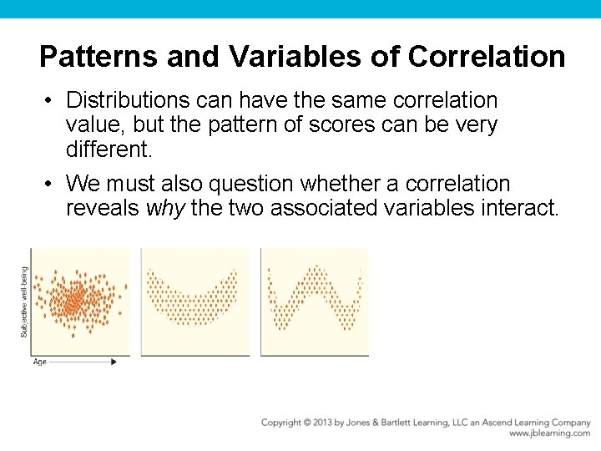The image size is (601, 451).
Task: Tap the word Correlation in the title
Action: pos(487,58)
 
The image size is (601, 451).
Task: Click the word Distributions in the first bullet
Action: pos(129,100)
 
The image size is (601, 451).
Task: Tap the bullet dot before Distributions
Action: pos(50,101)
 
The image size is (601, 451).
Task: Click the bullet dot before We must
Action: pos(50,184)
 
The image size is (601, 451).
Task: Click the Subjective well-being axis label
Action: pos(24,302)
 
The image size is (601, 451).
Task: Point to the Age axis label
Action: pos(39,362)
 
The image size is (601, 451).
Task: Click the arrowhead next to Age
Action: pos(114,362)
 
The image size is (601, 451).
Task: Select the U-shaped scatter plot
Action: pos(195,302)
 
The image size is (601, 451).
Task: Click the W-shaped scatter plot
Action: pos(315,302)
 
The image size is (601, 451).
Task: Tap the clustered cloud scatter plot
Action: pos(80,302)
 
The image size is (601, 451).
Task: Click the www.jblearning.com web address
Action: pos(549,433)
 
